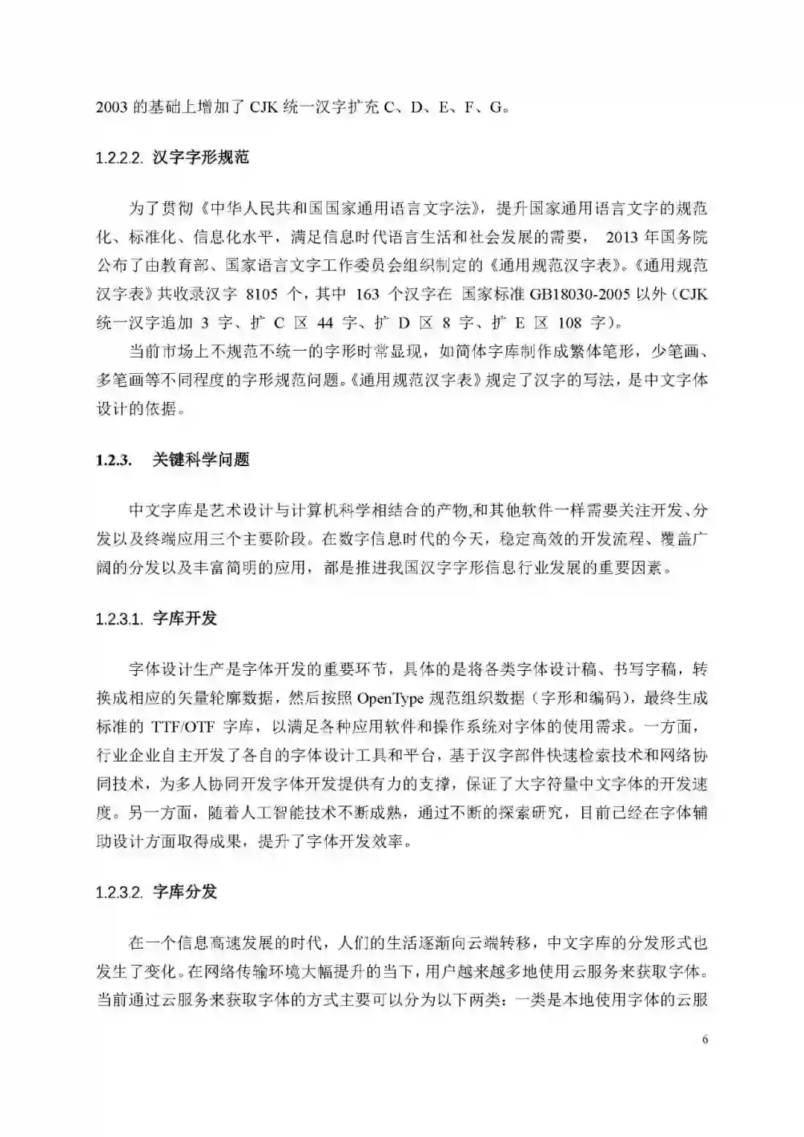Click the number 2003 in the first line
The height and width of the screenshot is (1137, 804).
[112, 107]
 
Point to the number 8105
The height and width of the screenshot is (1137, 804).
[261, 294]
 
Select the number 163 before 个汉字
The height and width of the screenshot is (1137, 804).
[368, 294]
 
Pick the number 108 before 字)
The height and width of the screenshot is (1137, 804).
[569, 322]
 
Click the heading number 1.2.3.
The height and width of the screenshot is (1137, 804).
[114, 460]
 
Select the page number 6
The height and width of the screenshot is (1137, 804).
[704, 1040]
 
